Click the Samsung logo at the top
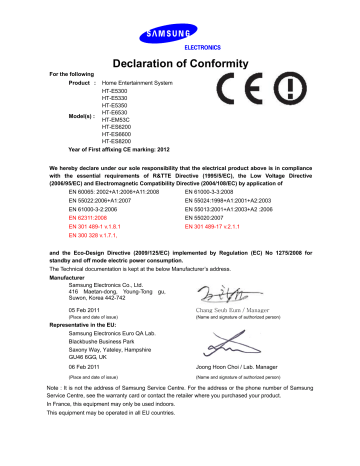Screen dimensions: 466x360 click(x=180, y=12)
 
